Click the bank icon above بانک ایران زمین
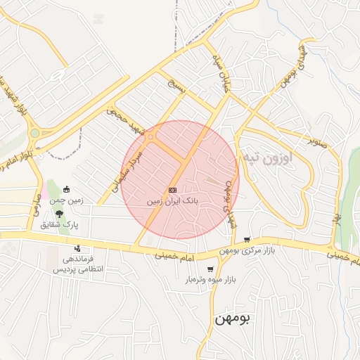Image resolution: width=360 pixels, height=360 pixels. point(172,190)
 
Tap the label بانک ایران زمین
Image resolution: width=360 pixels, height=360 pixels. point(173,201)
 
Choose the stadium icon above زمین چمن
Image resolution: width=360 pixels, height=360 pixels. point(67,188)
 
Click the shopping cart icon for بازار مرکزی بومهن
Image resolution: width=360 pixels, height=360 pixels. point(266,240)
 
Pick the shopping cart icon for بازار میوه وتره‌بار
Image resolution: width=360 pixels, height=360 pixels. point(210,269)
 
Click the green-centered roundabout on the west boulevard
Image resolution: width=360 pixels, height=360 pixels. point(34,132)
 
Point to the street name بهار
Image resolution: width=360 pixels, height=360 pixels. point(337,209)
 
